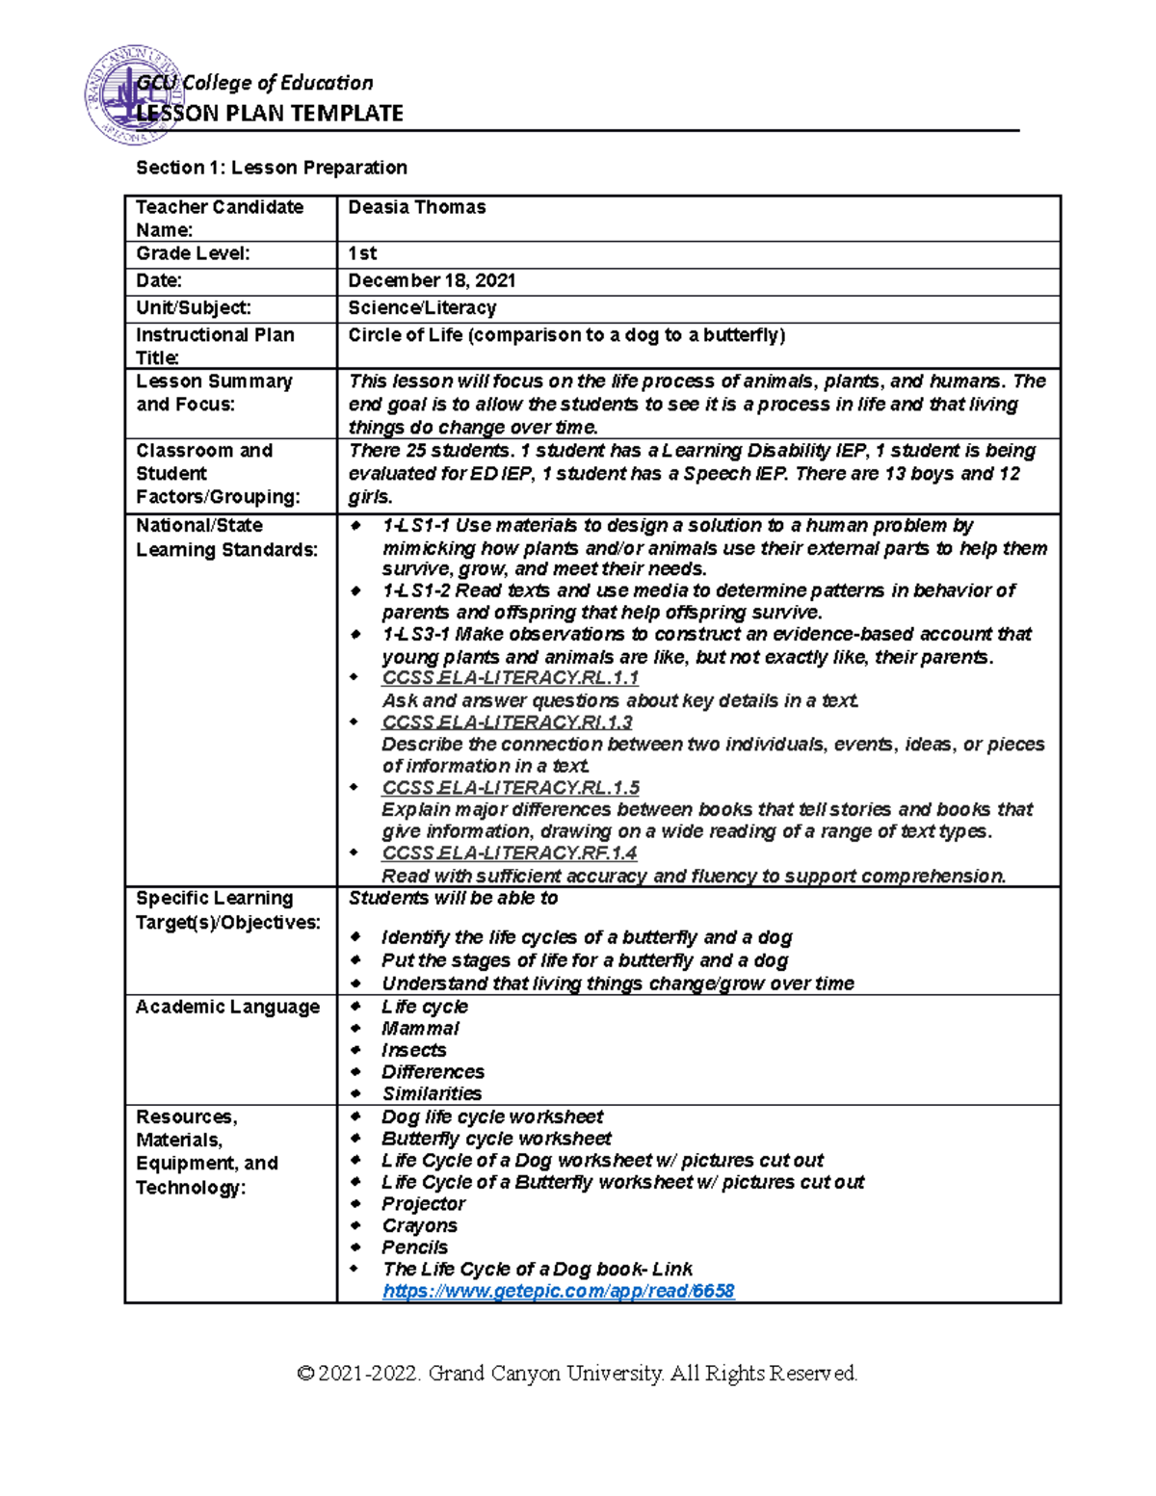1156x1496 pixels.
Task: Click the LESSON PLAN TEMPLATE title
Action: pos(270,114)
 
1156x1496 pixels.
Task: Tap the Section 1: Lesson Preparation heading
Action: pos(272,168)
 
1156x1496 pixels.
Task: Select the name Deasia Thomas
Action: pos(416,207)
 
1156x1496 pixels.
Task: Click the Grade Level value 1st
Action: pos(362,253)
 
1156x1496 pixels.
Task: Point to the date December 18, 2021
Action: pos(432,280)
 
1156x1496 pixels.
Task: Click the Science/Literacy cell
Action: pos(422,307)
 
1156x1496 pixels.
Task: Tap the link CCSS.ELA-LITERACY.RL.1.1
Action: pos(510,678)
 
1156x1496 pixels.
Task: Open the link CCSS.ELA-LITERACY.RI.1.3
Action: pos(507,722)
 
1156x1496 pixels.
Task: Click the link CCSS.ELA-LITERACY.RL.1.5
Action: pos(510,787)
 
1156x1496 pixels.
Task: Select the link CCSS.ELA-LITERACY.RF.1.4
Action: pos(509,853)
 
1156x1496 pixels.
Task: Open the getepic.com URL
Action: pos(558,1291)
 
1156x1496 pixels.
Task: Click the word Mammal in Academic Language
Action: pos(420,1028)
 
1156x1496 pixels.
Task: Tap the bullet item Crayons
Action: pos(419,1225)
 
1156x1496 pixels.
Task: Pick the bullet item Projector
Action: pos(423,1203)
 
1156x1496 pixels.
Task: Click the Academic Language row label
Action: pos(227,1007)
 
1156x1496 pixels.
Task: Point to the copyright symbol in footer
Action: pos(306,1373)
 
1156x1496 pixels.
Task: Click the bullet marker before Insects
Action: pos(355,1050)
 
